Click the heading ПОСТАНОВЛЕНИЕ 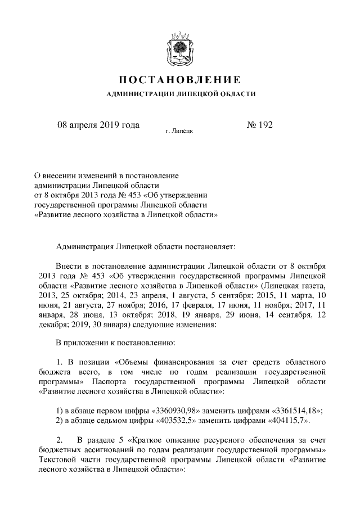coord(180,79)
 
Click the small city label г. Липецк coord(179,131)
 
